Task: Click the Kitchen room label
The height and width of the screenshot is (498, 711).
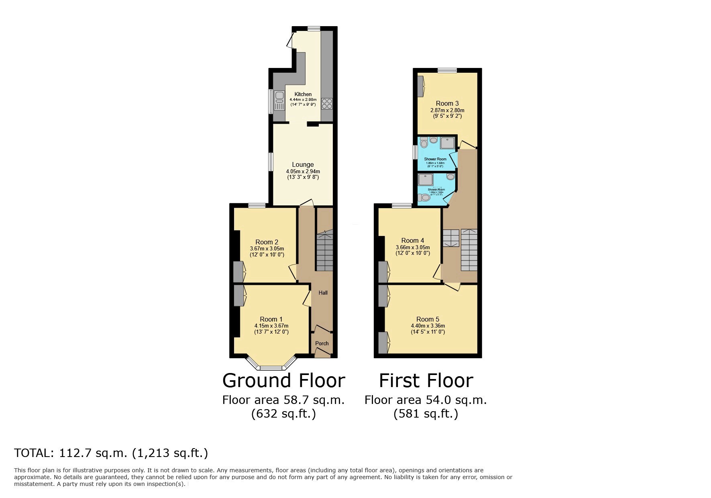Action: (303, 94)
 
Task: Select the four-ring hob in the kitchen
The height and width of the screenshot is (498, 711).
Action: (327, 104)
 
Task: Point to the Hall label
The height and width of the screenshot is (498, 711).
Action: (323, 293)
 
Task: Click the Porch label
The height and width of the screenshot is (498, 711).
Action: (322, 343)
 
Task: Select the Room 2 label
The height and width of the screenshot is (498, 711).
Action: (267, 242)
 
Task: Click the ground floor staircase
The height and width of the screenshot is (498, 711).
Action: (324, 251)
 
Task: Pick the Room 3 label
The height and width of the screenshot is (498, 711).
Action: (447, 103)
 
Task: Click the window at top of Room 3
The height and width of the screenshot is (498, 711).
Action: (447, 70)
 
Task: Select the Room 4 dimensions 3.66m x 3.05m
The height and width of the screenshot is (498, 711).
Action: (412, 248)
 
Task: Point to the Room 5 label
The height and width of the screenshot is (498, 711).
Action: (428, 320)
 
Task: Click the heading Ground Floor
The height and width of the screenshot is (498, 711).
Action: (283, 380)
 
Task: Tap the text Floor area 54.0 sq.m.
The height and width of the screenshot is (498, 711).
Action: (426, 400)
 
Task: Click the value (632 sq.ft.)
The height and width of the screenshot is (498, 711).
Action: (283, 414)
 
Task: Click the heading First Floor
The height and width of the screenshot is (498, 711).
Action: (426, 380)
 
